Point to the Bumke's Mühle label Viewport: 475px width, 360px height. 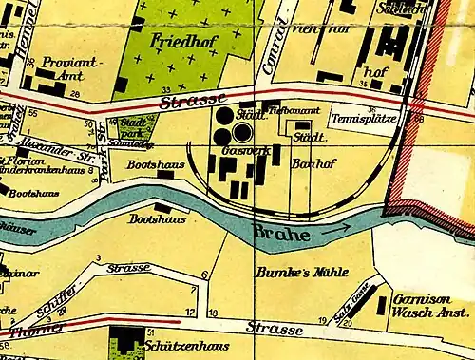coord(291,273)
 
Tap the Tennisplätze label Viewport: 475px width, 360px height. coord(361,120)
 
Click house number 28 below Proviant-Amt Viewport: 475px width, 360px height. coord(75,95)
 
